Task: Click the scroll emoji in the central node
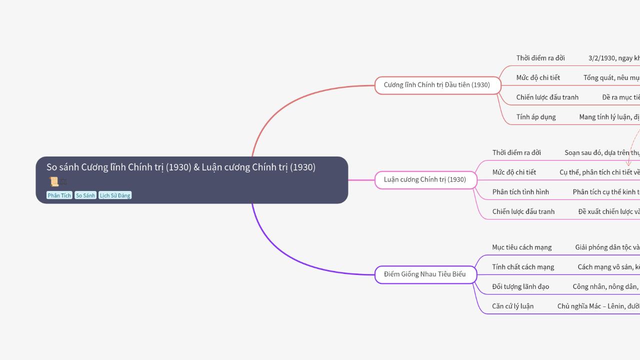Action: (x=53, y=181)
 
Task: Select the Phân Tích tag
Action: (x=59, y=195)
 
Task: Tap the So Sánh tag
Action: (x=85, y=195)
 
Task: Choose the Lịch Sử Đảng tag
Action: (x=115, y=195)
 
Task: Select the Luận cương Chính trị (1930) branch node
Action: (x=425, y=179)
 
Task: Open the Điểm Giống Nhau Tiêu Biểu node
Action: (x=425, y=274)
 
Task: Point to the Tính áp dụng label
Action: (x=536, y=117)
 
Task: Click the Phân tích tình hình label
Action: (x=520, y=192)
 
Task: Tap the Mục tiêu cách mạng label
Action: (x=522, y=247)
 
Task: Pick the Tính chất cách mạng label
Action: (x=523, y=267)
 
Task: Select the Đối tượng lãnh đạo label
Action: (x=520, y=286)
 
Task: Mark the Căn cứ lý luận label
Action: (x=513, y=306)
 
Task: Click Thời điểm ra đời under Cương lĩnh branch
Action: (x=540, y=58)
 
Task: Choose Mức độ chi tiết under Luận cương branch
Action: (x=514, y=172)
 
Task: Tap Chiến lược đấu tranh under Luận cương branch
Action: (x=523, y=211)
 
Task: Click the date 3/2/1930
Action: (x=602, y=58)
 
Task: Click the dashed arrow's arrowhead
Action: (x=628, y=163)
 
